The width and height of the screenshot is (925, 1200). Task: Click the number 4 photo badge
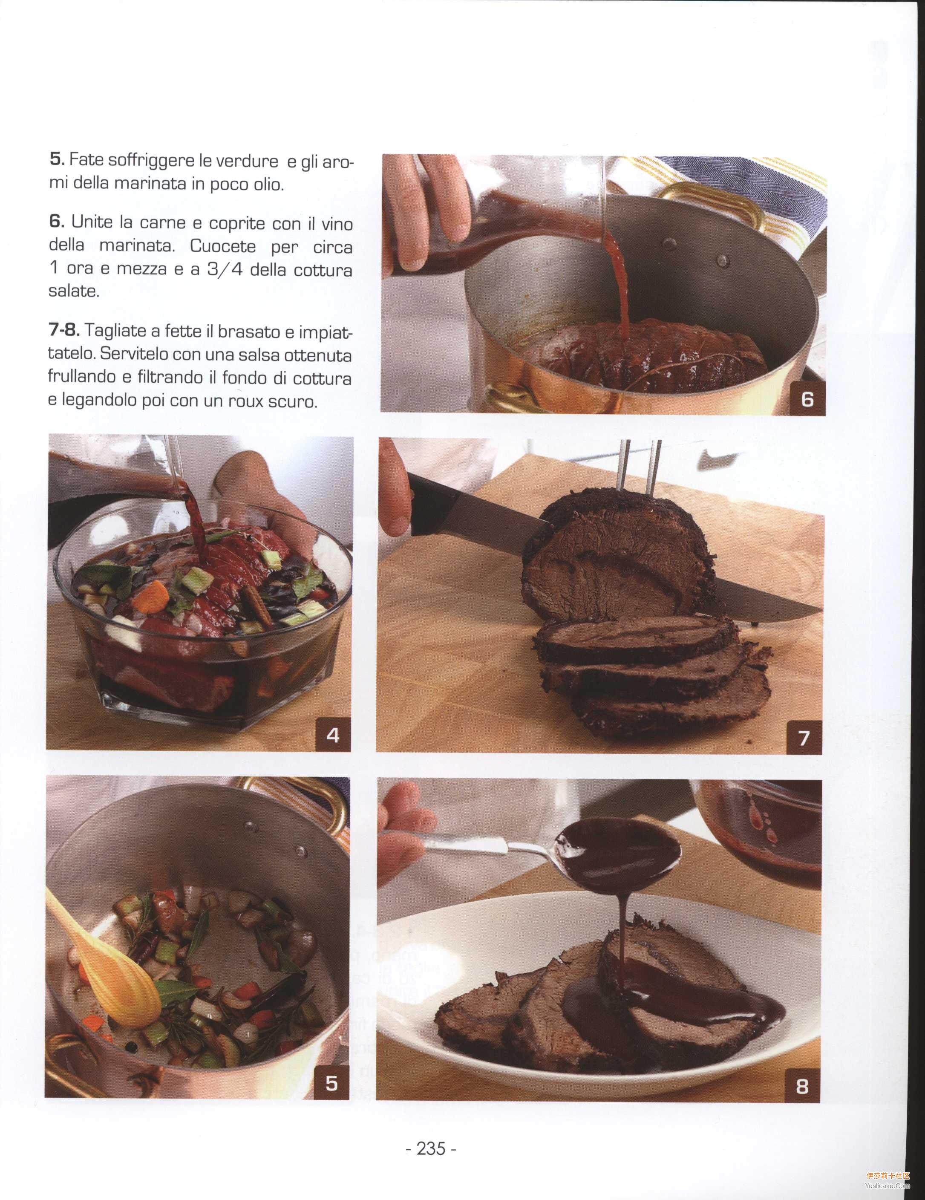[333, 735]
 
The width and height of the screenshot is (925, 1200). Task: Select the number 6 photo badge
[807, 399]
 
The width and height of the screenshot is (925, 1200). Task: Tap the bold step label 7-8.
[64, 330]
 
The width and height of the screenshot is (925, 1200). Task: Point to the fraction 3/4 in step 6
[224, 270]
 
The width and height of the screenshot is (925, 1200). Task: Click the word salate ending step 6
[74, 291]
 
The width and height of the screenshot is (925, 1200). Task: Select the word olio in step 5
[268, 184]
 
